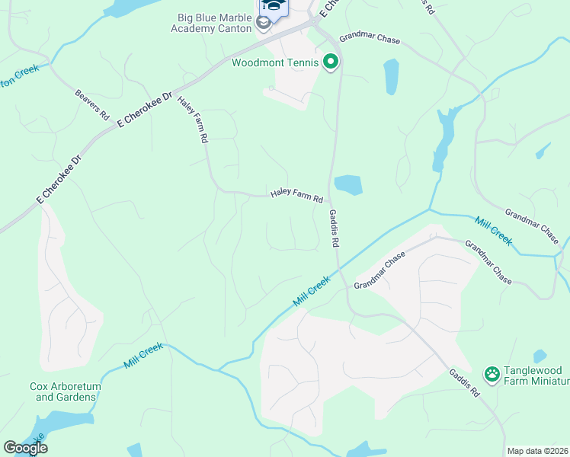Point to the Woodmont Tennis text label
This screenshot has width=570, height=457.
tap(277, 62)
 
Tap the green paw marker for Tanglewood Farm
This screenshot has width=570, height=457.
tap(492, 374)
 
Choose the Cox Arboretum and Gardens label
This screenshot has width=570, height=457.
tap(66, 391)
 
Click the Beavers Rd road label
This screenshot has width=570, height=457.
tap(92, 105)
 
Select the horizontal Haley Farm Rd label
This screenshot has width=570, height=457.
tap(296, 197)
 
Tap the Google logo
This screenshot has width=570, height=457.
tap(25, 447)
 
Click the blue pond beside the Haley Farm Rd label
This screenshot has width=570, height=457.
tap(347, 184)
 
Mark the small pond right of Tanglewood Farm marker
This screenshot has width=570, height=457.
tap(540, 356)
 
